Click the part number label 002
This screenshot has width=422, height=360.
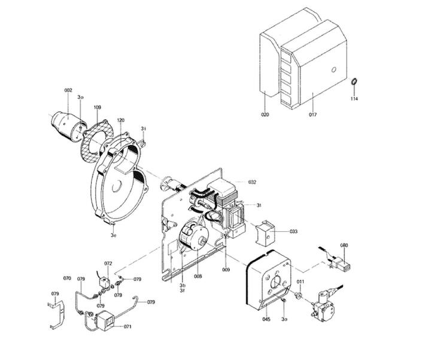(x=68, y=90)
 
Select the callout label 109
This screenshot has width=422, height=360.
(x=97, y=107)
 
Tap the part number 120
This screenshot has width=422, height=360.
(x=120, y=120)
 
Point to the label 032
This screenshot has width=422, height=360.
(x=252, y=181)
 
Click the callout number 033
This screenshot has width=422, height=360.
(x=293, y=231)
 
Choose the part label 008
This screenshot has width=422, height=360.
(x=198, y=276)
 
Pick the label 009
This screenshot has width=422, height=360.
(x=226, y=270)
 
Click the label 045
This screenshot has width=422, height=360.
(x=266, y=319)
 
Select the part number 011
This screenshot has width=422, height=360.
(x=300, y=282)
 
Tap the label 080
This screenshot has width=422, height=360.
(x=344, y=246)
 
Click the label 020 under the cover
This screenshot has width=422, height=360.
(x=265, y=114)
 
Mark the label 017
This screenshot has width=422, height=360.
(x=312, y=114)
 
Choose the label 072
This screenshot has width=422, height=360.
(x=108, y=264)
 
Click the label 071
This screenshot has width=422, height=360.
(x=127, y=326)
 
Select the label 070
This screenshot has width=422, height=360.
(x=67, y=279)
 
